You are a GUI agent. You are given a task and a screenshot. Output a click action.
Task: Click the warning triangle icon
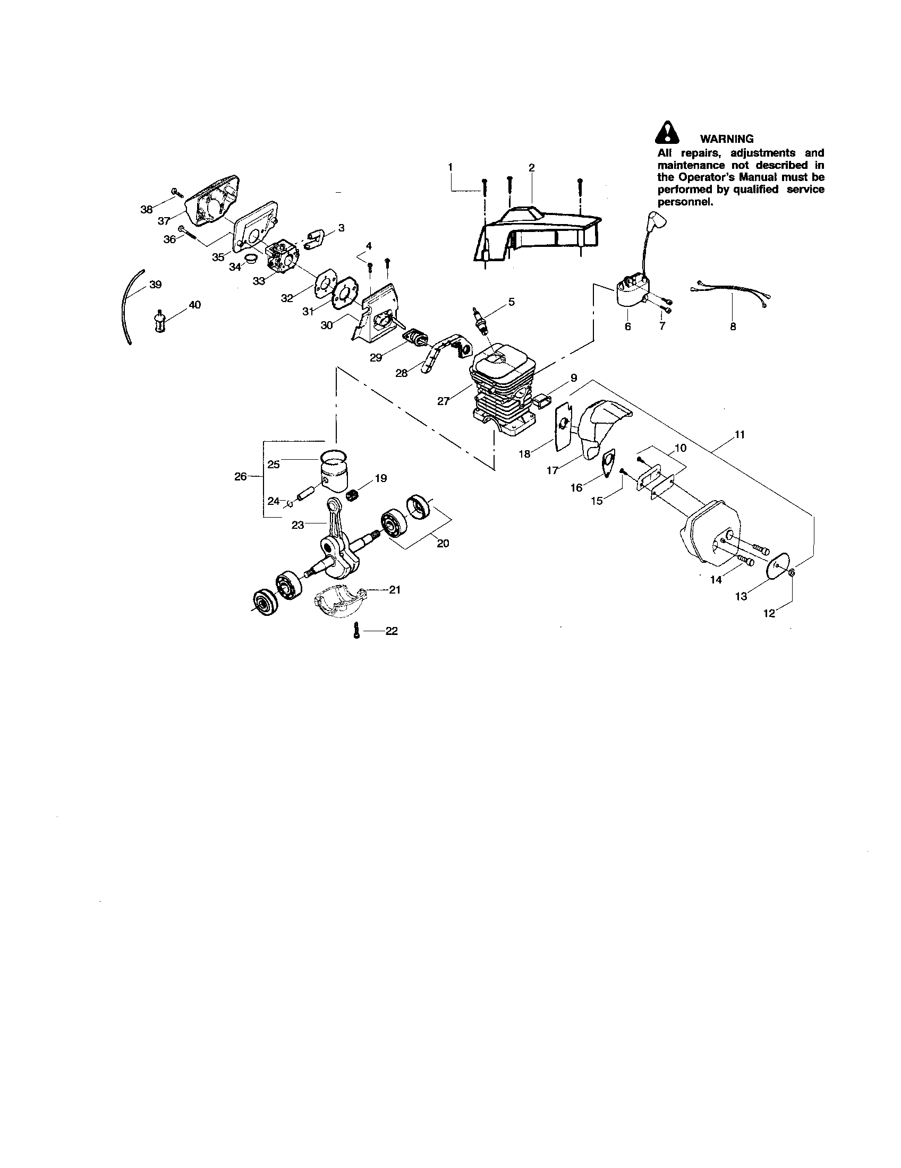tap(667, 133)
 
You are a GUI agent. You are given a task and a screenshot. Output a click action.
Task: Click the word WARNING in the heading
tap(727, 139)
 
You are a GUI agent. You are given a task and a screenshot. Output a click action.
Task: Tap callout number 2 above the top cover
tap(531, 168)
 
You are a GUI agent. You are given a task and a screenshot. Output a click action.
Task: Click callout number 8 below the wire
tap(733, 326)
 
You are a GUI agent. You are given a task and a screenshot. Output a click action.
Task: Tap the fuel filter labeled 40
tap(159, 320)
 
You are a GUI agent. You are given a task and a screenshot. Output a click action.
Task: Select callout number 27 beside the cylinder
tap(443, 401)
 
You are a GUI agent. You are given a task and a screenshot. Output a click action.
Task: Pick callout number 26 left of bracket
tap(240, 476)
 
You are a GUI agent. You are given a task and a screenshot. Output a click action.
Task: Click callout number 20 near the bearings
tap(443, 543)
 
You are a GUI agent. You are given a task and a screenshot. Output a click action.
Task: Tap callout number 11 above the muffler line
tap(739, 435)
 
